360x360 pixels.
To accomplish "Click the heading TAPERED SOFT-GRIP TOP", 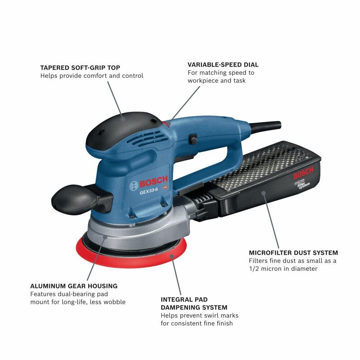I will [x=80, y=68].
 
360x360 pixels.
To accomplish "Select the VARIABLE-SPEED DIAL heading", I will [x=223, y=65].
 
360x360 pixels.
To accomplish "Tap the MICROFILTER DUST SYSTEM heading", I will [x=293, y=253].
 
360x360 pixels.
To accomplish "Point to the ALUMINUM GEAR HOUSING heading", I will [x=74, y=286].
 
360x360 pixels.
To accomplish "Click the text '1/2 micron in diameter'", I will [x=283, y=269].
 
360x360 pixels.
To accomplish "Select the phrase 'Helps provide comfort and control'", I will [x=92, y=76].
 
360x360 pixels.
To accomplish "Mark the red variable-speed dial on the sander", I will [x=166, y=123].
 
